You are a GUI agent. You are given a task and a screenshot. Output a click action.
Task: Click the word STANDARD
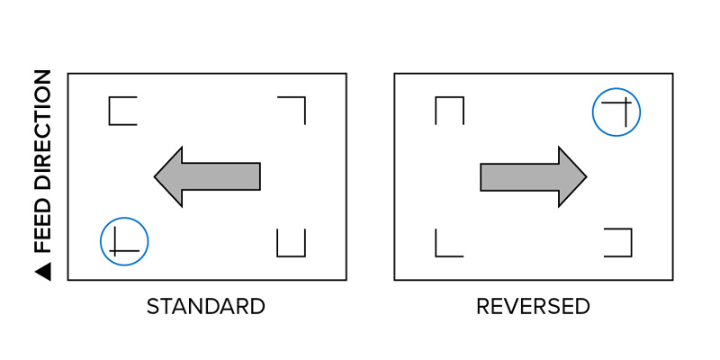pos(206,307)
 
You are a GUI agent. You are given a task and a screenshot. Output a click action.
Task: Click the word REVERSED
pos(533,307)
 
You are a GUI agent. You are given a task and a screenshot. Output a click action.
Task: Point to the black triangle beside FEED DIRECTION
pos(42,272)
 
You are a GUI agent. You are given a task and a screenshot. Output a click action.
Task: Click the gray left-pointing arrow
pos(207,176)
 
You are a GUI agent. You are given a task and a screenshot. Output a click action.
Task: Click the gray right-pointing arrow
pos(534,176)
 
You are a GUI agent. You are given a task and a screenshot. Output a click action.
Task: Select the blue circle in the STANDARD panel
pos(124,241)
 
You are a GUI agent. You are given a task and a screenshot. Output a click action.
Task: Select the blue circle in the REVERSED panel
pos(616,112)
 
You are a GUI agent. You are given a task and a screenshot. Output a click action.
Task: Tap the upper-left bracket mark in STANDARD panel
pos(122,111)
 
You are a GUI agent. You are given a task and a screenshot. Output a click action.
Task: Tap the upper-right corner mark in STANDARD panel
pos(292,110)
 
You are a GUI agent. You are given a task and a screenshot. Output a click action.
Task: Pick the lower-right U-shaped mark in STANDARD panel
pos(291,242)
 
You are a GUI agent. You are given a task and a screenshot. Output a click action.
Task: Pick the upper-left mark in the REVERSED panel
pos(449,110)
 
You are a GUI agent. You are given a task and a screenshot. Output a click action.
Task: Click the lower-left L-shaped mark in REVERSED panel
pos(449,242)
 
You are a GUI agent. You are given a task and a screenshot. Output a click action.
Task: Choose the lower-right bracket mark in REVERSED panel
pos(618,242)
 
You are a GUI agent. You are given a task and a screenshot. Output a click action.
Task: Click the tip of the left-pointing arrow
pos(154,176)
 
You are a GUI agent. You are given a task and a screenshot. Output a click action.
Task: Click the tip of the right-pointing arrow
pos(587,176)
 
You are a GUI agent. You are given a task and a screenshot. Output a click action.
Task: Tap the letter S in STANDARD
pos(152,307)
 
